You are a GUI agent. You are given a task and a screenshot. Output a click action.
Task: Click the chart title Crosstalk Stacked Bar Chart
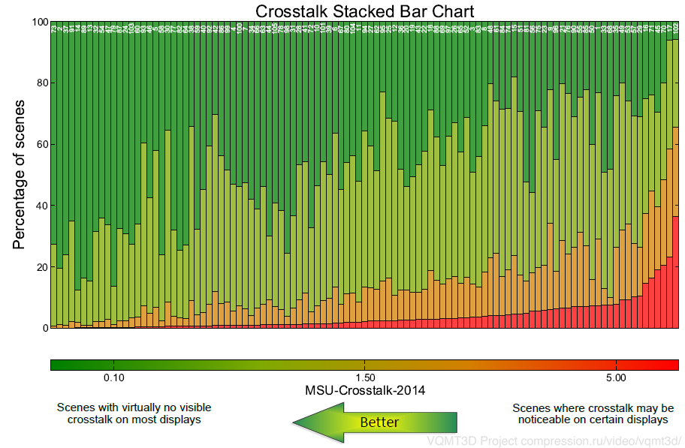tap(364, 11)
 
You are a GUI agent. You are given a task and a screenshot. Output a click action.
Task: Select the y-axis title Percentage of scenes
tap(20, 174)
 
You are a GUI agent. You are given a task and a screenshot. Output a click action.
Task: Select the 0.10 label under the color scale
tap(113, 377)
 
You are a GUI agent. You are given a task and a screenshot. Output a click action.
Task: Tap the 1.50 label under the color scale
tap(365, 377)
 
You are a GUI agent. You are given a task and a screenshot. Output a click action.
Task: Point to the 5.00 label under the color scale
tap(617, 377)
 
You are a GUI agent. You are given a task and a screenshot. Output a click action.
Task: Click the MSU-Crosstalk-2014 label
tap(364, 390)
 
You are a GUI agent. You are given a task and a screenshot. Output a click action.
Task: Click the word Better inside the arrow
tap(379, 422)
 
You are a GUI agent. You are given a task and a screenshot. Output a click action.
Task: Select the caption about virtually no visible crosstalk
tap(134, 413)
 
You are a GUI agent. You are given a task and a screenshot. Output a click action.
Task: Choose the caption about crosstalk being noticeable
tap(593, 413)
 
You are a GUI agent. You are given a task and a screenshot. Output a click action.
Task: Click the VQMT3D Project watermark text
tap(554, 440)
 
